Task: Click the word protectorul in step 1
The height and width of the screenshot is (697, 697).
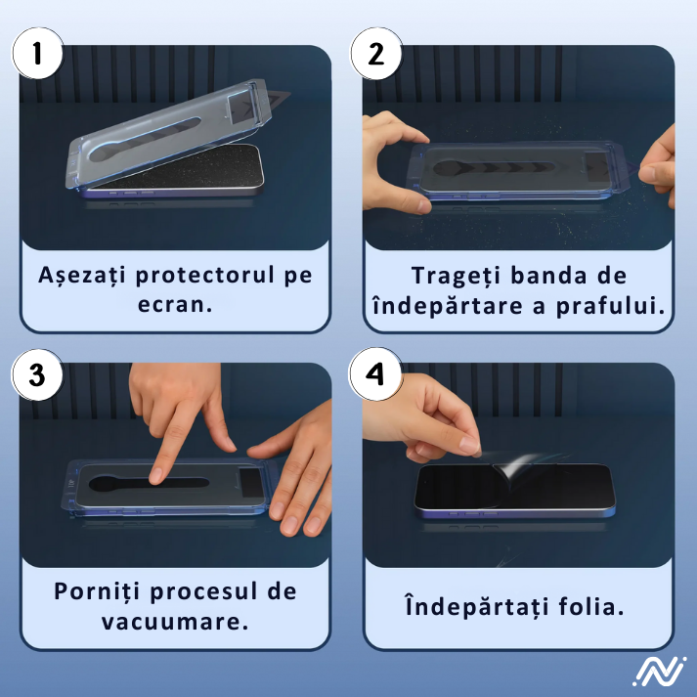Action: pyautogui.click(x=205, y=275)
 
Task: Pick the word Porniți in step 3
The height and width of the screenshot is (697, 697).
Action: pyautogui.click(x=101, y=592)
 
